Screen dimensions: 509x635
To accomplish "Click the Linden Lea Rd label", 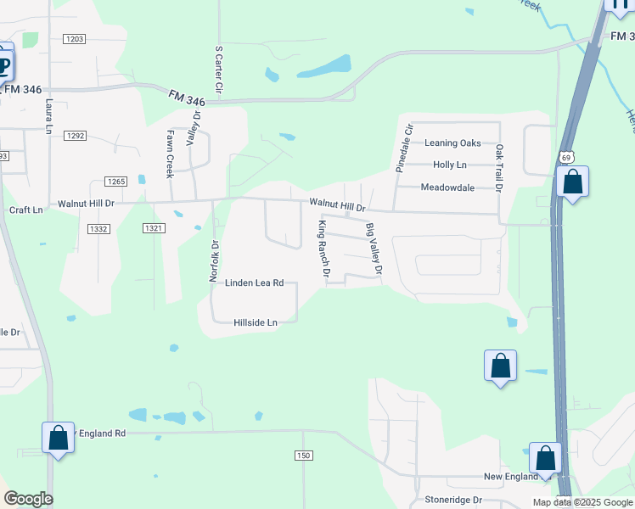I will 254,283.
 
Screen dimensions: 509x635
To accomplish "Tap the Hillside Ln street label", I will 256,323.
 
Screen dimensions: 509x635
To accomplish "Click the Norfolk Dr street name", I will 215,261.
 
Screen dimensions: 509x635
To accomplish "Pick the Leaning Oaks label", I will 452,143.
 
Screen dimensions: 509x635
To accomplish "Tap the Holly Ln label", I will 450,165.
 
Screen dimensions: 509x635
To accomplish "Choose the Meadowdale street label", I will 447,187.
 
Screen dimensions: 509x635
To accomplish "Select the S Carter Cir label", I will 219,70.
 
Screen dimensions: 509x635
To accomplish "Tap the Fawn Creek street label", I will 170,154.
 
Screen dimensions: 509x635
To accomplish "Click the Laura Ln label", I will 49,117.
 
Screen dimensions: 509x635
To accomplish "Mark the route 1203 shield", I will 75,39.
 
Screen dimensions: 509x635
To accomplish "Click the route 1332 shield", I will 99,229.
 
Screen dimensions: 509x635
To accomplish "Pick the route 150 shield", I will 304,456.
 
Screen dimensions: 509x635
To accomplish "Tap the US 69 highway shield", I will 567,157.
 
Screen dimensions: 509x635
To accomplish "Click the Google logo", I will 28,499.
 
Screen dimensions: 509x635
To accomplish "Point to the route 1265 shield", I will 116,182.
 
